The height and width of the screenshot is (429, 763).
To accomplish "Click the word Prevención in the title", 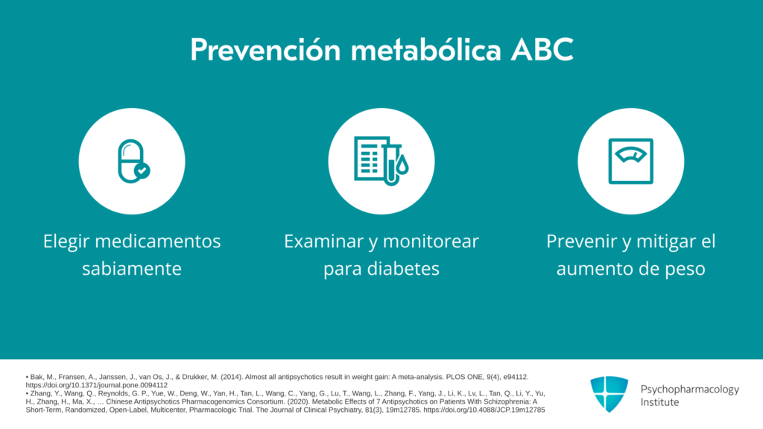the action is click(x=265, y=50).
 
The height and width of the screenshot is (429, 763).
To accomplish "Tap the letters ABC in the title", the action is click(x=542, y=50).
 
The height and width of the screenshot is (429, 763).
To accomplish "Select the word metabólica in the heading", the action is click(x=425, y=50).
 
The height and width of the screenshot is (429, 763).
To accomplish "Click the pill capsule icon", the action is click(x=130, y=161).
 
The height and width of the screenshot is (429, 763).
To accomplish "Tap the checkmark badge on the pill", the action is click(x=142, y=171).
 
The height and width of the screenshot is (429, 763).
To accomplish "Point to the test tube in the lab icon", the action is click(x=391, y=161).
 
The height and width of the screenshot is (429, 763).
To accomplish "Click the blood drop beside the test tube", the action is click(x=402, y=165).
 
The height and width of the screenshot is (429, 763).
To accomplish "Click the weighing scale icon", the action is click(x=630, y=161).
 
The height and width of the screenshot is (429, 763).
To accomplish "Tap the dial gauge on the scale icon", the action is click(x=630, y=154).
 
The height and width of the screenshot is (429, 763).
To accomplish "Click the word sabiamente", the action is click(x=132, y=268).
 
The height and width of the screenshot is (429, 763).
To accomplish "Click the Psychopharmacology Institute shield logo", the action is click(x=610, y=394).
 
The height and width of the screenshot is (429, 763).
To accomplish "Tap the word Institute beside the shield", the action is click(x=659, y=402).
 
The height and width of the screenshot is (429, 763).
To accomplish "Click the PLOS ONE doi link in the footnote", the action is click(x=96, y=385).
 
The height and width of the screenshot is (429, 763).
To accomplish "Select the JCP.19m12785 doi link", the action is click(x=484, y=410).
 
